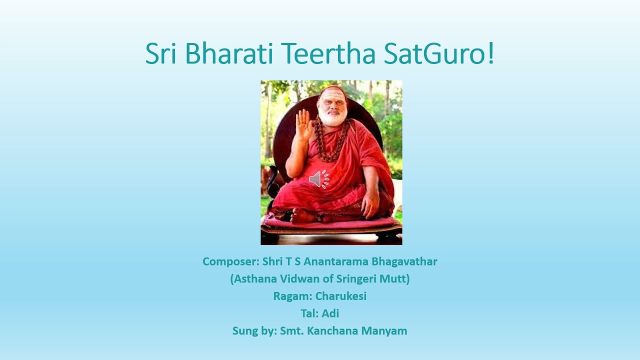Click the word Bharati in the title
coord(231,54)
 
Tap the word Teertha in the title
coord(328,54)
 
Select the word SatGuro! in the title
coord(439,54)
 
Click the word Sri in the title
coord(161,54)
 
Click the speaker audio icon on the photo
coord(319,179)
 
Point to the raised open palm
coord(303,125)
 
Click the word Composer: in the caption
coord(230,261)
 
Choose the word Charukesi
coord(341,296)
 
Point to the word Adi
coord(330,313)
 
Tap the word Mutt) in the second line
coord(396,279)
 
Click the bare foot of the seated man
coord(302,215)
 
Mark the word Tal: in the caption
coord(309,313)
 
